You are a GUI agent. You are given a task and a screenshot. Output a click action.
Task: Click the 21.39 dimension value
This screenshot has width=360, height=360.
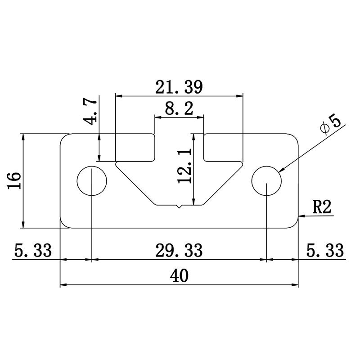[179, 86]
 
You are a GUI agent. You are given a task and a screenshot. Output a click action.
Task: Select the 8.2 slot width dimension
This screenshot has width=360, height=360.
[179, 108]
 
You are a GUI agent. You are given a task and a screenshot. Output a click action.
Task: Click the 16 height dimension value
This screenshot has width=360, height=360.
[14, 181]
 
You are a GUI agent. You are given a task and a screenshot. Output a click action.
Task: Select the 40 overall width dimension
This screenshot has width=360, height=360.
[179, 274]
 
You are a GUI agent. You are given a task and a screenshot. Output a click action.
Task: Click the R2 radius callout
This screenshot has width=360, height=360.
[322, 208]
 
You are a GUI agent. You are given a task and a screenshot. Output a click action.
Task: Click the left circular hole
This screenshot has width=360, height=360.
[92, 181]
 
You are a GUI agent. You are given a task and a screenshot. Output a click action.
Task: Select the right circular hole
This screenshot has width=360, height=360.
[267, 181]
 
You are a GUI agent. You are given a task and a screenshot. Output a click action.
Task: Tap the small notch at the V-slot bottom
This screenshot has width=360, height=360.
[180, 207]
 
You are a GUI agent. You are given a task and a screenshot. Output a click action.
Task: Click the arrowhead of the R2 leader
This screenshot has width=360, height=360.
[302, 216]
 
